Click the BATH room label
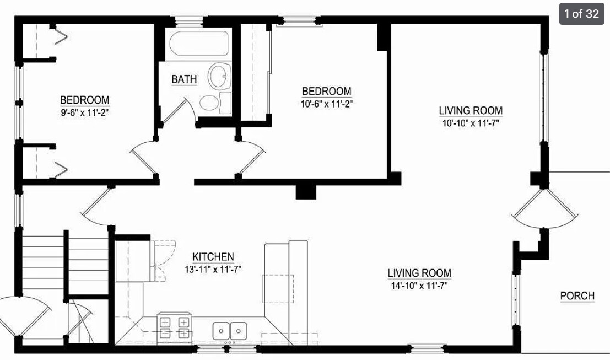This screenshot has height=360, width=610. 184,79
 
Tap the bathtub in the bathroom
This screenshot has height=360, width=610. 198,44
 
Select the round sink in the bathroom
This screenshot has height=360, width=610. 220,76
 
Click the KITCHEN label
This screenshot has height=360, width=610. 213,257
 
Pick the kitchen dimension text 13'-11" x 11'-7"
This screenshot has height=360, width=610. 213,270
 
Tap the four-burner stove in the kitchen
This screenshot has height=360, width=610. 174,327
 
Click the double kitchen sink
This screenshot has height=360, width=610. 230,331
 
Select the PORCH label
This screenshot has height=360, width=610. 577,296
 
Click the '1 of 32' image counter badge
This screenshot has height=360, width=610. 581,14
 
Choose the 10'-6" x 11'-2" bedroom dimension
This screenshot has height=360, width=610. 327,104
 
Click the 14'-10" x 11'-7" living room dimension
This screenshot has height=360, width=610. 419,286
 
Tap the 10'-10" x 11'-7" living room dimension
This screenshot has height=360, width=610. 471,123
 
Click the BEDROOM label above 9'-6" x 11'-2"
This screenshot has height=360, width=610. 84,100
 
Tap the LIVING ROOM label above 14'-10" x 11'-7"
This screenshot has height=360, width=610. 419,273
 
